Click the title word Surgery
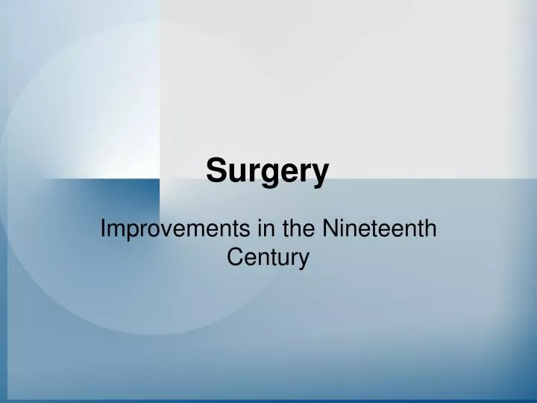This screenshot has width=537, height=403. (x=267, y=171)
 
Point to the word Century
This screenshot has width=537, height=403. (x=268, y=257)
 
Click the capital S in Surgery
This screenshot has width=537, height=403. (x=216, y=171)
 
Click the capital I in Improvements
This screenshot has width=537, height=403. (x=103, y=229)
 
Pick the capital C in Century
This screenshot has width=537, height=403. (x=233, y=257)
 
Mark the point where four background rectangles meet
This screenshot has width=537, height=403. (x=160, y=179)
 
